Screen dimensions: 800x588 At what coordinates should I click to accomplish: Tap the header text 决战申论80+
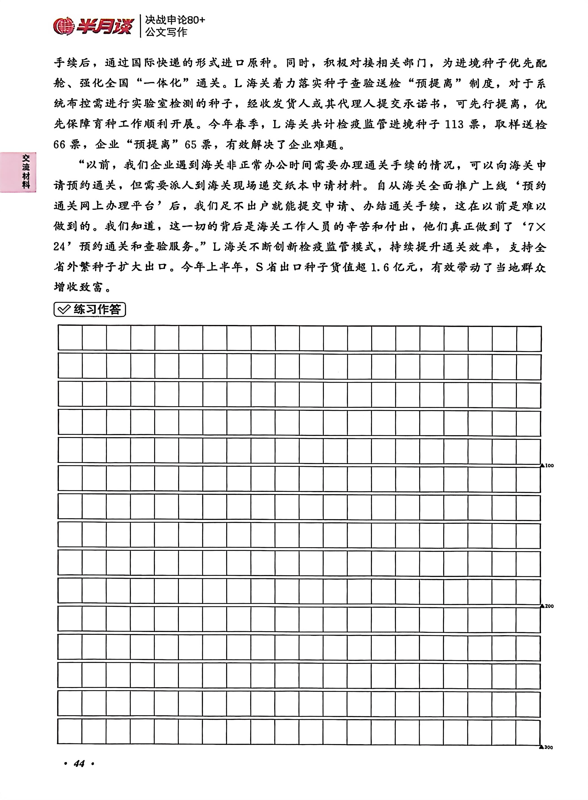coord(175,20)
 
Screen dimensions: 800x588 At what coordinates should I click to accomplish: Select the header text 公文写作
coord(166,32)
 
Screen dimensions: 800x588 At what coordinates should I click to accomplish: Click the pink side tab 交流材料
coord(26,172)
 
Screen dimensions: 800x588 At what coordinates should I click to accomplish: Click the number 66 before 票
coord(59,145)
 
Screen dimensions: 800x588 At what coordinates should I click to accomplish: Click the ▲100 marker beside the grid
coord(547,465)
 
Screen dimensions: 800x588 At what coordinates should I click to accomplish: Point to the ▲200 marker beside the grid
coord(547,606)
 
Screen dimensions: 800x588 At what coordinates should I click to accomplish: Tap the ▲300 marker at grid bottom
coord(546,747)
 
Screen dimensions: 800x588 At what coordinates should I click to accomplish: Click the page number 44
coord(79,763)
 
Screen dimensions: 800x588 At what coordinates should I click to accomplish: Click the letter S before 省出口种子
coord(259,267)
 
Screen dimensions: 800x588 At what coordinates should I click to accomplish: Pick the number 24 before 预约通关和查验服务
coord(59,247)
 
